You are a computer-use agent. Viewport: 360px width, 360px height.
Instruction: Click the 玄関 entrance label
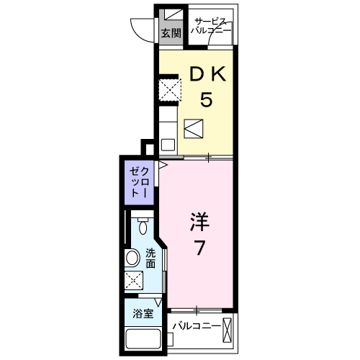click(x=170, y=33)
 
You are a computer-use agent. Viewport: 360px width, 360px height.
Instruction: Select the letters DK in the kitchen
click(x=207, y=74)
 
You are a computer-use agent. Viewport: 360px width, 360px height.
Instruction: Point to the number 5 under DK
click(x=207, y=99)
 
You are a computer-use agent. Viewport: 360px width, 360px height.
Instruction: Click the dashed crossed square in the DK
click(x=170, y=89)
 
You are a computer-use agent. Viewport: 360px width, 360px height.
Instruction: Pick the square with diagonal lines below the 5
click(x=194, y=128)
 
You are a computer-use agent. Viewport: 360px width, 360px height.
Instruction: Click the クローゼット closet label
click(x=139, y=181)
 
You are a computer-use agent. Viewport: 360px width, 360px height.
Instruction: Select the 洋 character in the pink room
click(x=199, y=221)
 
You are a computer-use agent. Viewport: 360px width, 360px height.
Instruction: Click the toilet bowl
click(x=143, y=228)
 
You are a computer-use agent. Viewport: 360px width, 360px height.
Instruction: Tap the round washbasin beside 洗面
click(x=133, y=258)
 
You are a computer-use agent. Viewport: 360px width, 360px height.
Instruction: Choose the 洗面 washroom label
click(x=150, y=258)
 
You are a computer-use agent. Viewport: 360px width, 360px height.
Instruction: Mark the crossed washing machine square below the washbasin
click(x=133, y=280)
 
